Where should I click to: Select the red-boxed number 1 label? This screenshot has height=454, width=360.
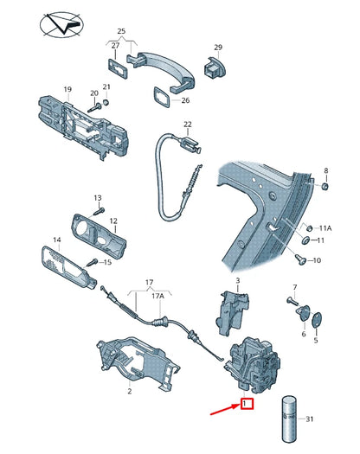(x=247, y=404)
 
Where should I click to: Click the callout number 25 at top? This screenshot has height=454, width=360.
(x=121, y=32)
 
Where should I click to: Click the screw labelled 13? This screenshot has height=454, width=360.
(x=99, y=208)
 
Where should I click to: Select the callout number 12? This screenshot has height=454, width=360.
(x=113, y=221)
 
